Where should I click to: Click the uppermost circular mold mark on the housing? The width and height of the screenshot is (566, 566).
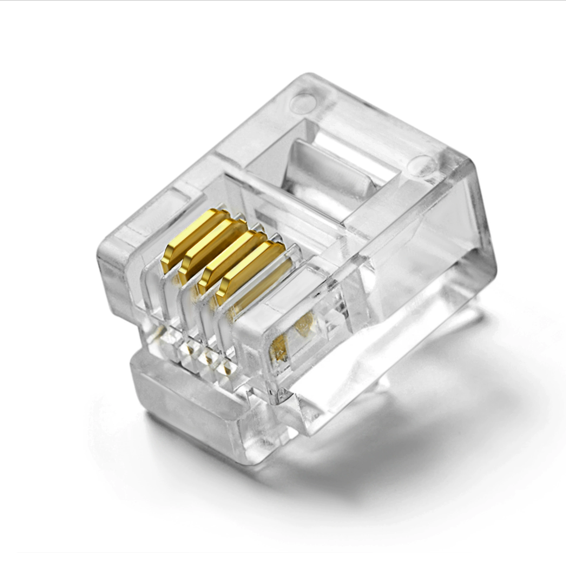[305, 99]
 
